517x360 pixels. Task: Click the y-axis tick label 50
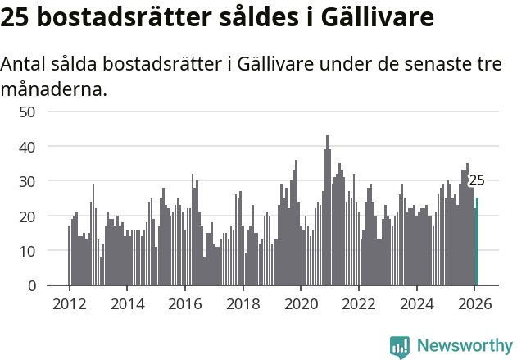(x=27, y=112)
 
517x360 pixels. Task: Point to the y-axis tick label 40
(x=27, y=146)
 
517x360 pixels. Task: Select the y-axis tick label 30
(x=27, y=181)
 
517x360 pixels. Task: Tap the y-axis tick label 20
(x=27, y=216)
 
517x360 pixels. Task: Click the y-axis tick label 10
(x=27, y=251)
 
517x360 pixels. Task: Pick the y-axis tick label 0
(x=31, y=285)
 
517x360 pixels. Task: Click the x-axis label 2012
(x=69, y=303)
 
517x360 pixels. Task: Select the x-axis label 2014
(x=127, y=303)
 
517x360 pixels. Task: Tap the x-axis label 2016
(x=185, y=303)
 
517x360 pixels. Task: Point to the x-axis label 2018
(x=243, y=303)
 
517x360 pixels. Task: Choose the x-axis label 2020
(x=301, y=303)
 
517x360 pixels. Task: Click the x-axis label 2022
(x=359, y=303)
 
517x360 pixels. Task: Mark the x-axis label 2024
(x=417, y=303)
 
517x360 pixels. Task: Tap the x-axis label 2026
(x=474, y=303)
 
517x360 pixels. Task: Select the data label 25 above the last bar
(x=476, y=180)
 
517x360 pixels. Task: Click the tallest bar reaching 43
(x=327, y=213)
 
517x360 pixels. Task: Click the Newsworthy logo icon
(x=400, y=347)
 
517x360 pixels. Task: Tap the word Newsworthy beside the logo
(x=464, y=347)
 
